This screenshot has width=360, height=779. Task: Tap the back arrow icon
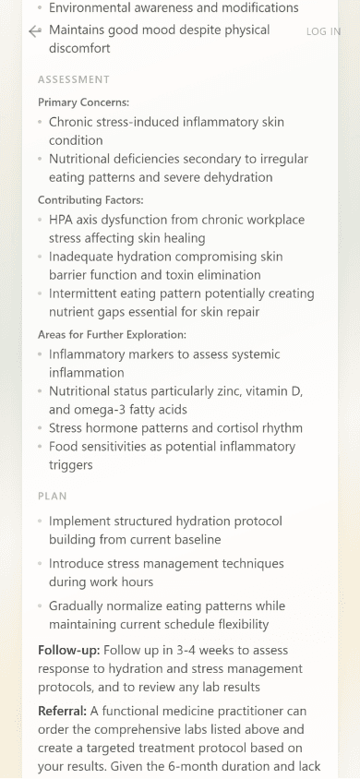pos(35,31)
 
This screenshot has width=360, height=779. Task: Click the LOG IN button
pos(323,31)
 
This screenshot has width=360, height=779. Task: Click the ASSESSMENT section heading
pos(74,79)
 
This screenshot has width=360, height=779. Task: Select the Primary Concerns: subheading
pos(83,102)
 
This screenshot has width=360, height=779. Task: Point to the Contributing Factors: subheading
pos(90,199)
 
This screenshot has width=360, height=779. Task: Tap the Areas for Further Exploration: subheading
pos(112,334)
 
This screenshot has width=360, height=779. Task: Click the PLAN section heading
pos(53,496)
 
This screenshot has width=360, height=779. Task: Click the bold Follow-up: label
pos(69,650)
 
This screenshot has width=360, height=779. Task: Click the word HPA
pos(63,220)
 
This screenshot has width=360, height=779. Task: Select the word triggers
pos(72,465)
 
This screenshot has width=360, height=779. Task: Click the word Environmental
pos(92,7)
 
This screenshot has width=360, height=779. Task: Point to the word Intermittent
pos(90,294)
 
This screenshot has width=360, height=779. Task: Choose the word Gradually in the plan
pos(81,605)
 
